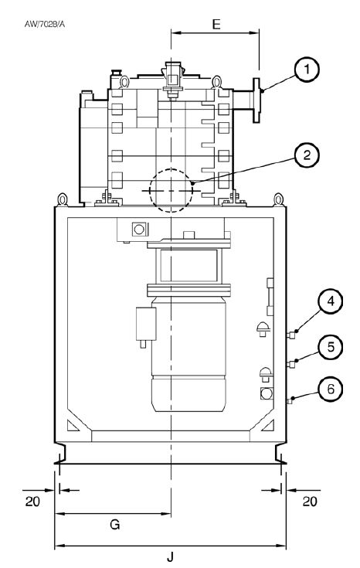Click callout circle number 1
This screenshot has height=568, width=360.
(307, 70)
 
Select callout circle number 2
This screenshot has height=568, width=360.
(307, 155)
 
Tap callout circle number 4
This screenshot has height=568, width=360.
(331, 301)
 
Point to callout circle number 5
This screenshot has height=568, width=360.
(331, 347)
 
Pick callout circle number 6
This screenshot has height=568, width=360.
(331, 389)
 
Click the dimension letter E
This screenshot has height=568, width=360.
(216, 24)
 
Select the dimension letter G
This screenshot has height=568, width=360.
(115, 524)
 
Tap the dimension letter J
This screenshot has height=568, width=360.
(170, 556)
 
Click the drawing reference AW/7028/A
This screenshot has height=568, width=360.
(45, 24)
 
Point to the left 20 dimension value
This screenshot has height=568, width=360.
(32, 502)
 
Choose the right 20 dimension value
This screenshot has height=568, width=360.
(310, 502)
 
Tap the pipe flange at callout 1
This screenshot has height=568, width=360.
(256, 100)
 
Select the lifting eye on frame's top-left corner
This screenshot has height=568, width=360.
(63, 199)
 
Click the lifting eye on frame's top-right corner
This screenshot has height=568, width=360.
(278, 199)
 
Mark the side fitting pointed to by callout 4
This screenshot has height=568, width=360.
(290, 335)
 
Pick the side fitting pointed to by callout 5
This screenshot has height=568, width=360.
(290, 364)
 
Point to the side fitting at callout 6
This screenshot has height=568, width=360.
(289, 401)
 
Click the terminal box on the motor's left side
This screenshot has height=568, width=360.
(146, 324)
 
